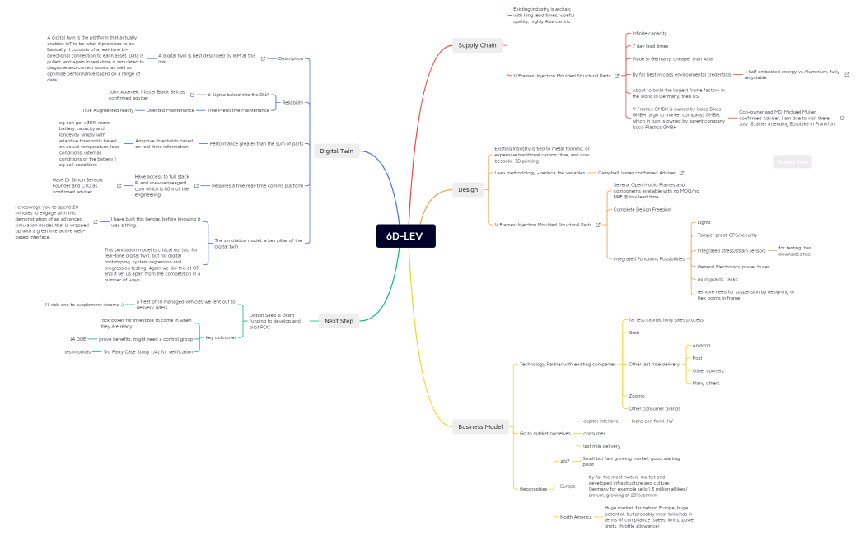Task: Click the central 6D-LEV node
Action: click(x=405, y=235)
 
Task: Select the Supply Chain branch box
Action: click(x=477, y=45)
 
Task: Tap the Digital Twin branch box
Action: click(x=336, y=151)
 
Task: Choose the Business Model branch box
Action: click(x=480, y=426)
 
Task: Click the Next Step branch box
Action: click(x=339, y=321)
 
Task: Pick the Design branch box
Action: click(x=467, y=190)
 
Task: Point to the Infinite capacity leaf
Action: click(x=649, y=34)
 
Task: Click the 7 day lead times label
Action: click(x=650, y=46)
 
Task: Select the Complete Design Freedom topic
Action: click(x=642, y=209)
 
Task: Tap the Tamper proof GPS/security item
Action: click(x=727, y=235)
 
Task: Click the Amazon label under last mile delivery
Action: click(x=701, y=346)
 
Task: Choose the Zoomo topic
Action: click(x=636, y=396)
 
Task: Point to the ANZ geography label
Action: click(x=564, y=462)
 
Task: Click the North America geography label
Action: click(x=576, y=517)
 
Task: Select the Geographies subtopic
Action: click(x=533, y=489)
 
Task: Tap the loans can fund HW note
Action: click(x=652, y=421)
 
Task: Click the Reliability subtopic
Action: click(x=292, y=102)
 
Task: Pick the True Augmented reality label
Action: click(x=107, y=109)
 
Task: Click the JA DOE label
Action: click(x=78, y=339)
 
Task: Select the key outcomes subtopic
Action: click(x=221, y=337)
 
